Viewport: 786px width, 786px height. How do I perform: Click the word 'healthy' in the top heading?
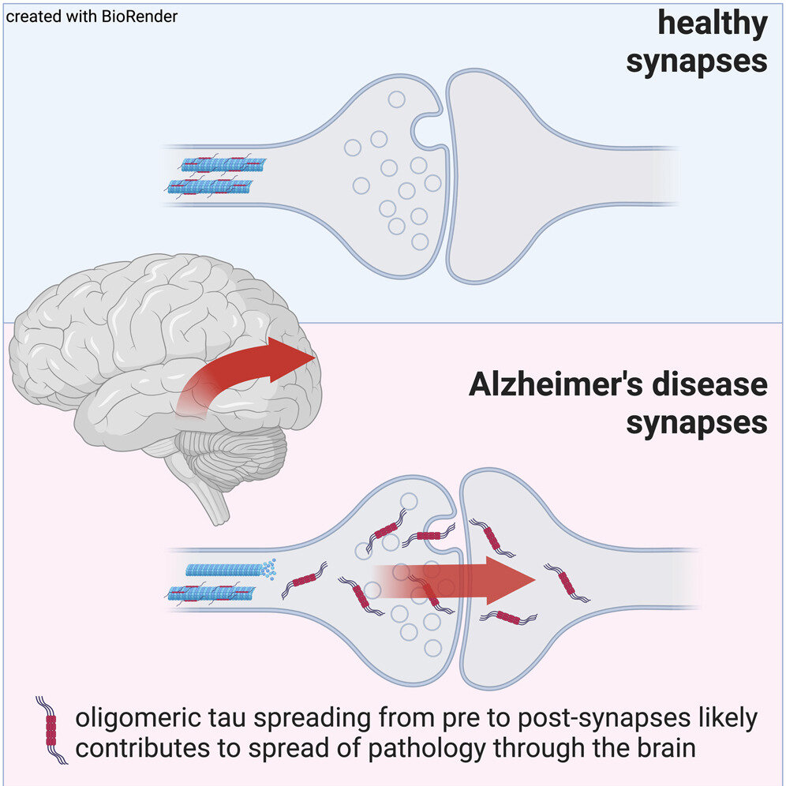pyautogui.click(x=713, y=24)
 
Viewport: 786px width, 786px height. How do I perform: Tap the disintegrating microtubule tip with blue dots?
pyautogui.click(x=268, y=568)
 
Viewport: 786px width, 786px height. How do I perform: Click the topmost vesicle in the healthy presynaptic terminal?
pyautogui.click(x=397, y=99)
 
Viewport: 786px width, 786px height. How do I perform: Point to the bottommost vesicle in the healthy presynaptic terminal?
pyautogui.click(x=420, y=241)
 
